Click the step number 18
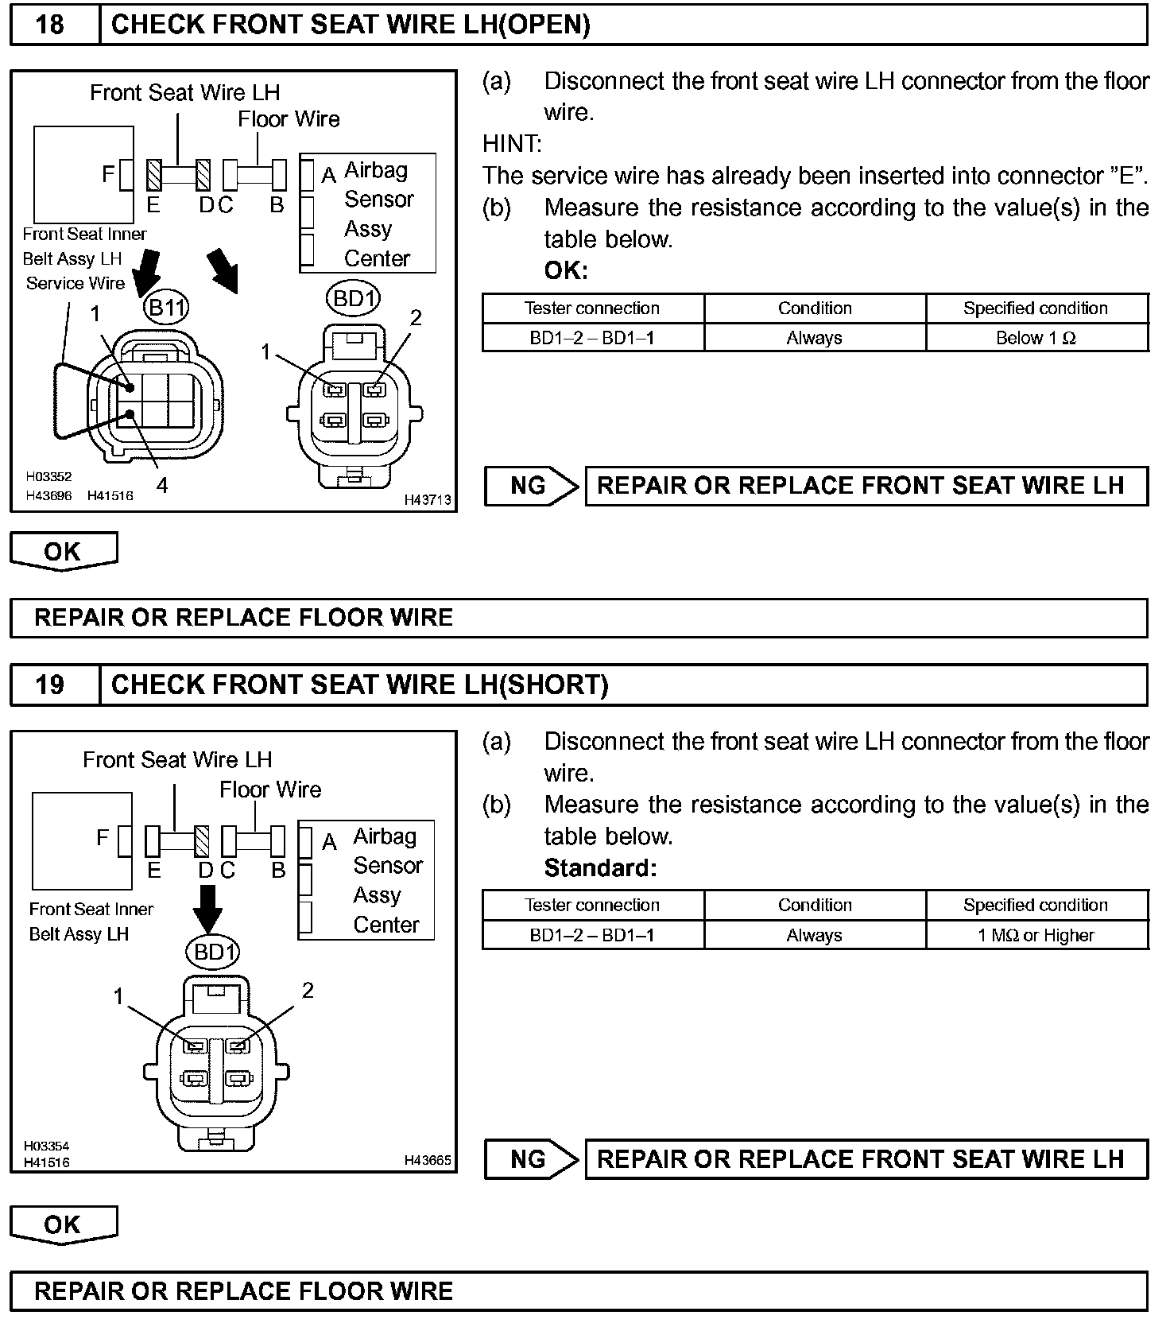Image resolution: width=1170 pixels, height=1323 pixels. [x=50, y=25]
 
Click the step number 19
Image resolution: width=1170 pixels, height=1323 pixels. [x=50, y=685]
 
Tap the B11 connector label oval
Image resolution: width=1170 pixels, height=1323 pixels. [x=166, y=307]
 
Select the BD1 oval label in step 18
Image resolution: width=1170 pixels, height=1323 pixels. [x=353, y=299]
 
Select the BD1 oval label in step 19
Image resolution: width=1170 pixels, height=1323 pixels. [x=213, y=951]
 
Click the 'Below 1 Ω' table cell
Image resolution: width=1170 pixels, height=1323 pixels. [x=1036, y=338]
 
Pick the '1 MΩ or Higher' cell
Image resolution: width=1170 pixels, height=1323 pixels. [x=1036, y=935]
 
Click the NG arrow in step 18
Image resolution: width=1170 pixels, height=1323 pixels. [x=531, y=486]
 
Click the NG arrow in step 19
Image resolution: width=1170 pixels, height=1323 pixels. [x=531, y=1159]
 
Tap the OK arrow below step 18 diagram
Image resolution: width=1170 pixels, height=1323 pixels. [x=63, y=551]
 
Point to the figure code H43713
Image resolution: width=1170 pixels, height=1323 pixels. [x=428, y=499]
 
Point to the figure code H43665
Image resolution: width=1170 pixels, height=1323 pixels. [x=428, y=1160]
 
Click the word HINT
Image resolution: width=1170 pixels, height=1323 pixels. [x=512, y=144]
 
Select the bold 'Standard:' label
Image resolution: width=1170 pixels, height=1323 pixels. [x=600, y=867]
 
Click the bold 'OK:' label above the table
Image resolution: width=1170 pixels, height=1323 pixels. [x=566, y=270]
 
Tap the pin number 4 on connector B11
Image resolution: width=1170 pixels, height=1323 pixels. [x=162, y=485]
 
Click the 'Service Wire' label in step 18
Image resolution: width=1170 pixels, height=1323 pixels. [x=76, y=283]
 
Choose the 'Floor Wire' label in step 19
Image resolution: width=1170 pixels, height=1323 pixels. [x=270, y=790]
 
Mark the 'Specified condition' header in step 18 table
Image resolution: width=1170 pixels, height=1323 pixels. [x=1036, y=308]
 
